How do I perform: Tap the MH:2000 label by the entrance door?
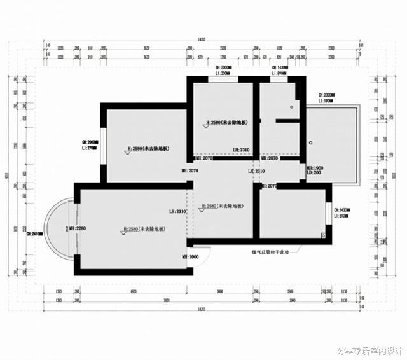(190, 256)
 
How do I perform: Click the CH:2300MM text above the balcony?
(328, 95)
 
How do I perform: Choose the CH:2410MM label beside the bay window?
(34, 233)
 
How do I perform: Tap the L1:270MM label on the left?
(90, 148)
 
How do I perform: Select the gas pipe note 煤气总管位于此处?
(270, 252)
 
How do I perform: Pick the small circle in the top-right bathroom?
(297, 97)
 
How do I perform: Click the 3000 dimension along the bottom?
(220, 291)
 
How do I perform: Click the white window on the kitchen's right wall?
(329, 214)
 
